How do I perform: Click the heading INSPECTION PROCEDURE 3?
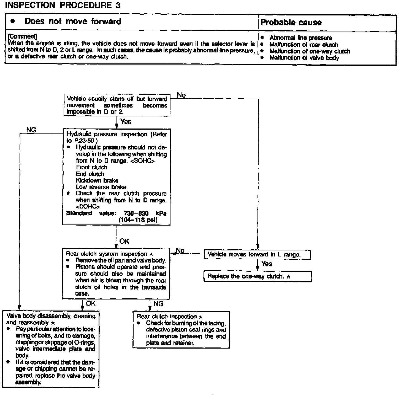[x=63, y=5]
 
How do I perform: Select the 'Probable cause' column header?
[x=291, y=22]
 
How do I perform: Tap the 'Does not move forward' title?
[x=73, y=22]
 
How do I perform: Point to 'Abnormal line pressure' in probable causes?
[x=301, y=38]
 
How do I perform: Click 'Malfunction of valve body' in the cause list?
[x=304, y=58]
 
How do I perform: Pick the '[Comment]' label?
[x=22, y=36]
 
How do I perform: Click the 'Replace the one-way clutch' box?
[x=257, y=276]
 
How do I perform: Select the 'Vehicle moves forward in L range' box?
[x=257, y=255]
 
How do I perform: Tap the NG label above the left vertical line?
[x=31, y=130]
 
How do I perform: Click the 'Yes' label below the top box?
[x=126, y=122]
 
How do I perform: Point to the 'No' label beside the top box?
[x=181, y=95]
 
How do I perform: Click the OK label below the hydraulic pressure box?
[x=124, y=241]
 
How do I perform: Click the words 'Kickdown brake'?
[x=97, y=180]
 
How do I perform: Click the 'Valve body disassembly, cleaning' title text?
[x=51, y=316]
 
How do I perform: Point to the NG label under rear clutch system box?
[x=158, y=304]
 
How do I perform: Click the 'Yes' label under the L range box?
[x=267, y=264]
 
